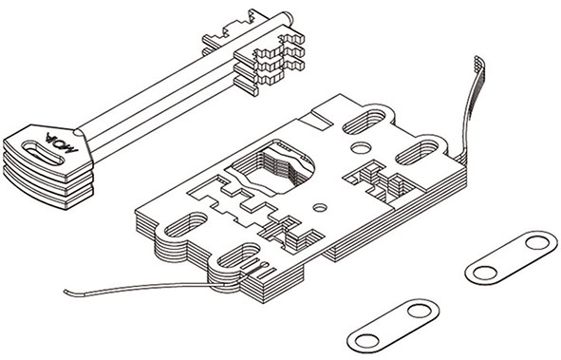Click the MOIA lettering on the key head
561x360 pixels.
(62, 142)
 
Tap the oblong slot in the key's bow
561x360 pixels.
(44, 153)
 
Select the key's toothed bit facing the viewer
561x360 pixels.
(269, 65)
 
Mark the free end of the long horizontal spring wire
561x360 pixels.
(65, 292)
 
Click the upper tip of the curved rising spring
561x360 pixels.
(477, 59)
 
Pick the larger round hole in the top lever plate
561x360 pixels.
(361, 148)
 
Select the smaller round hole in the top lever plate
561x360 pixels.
(320, 208)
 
